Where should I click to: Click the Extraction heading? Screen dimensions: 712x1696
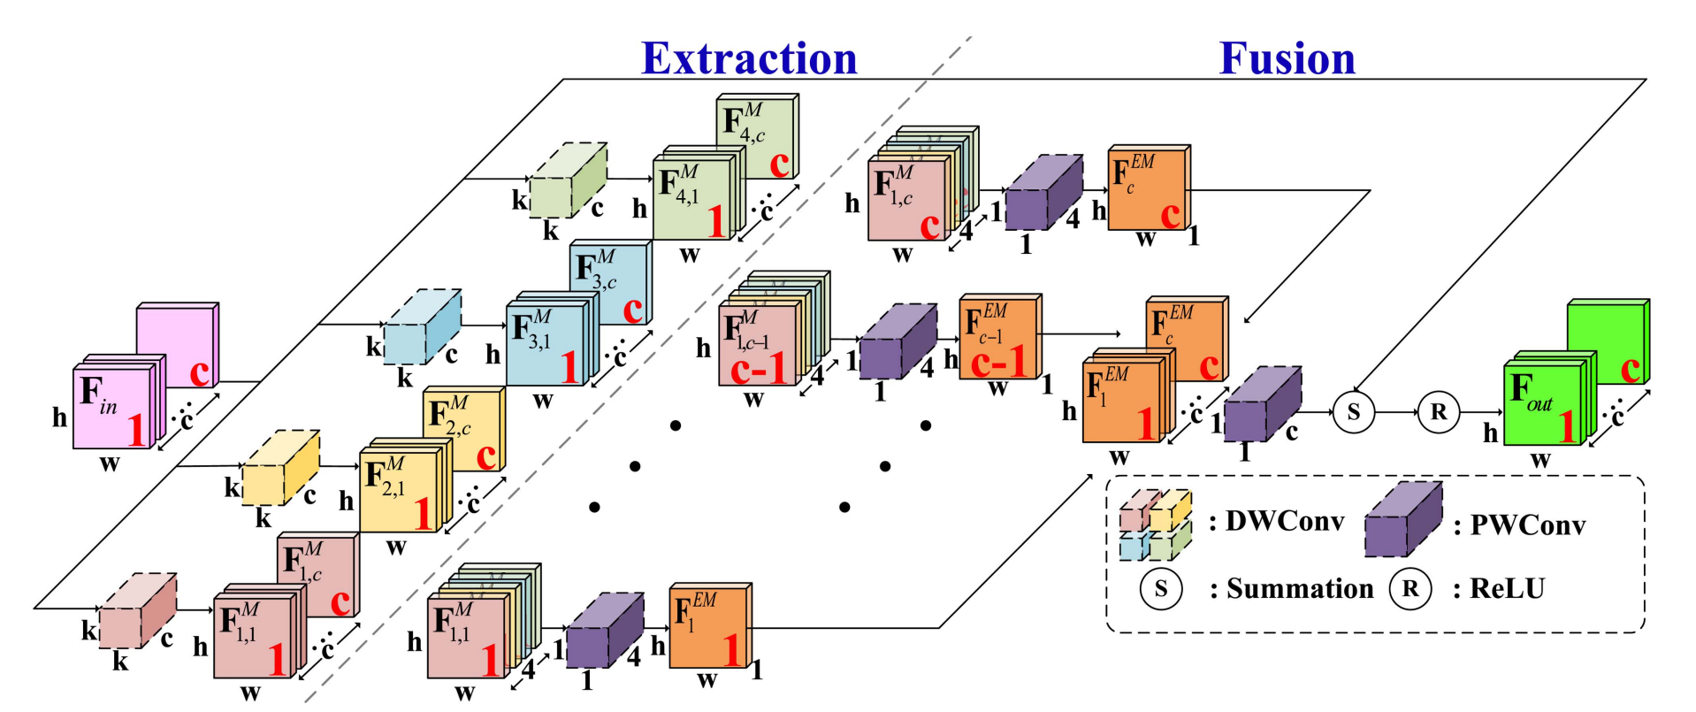749,58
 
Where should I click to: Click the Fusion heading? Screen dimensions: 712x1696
1287,58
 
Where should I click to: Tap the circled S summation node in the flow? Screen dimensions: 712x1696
1353,411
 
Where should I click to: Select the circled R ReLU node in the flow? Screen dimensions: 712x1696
1438,411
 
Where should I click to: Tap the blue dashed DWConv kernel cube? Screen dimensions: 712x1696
422,326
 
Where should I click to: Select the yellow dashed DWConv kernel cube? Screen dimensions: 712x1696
280,469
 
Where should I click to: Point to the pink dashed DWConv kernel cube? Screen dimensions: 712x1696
137,610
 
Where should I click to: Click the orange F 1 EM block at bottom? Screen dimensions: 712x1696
709,627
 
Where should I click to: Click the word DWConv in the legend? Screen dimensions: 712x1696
1284,521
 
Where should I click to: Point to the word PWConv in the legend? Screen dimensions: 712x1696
1527,525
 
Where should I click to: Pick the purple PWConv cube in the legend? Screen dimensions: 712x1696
1402,521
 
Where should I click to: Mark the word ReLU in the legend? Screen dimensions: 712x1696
1507,589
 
